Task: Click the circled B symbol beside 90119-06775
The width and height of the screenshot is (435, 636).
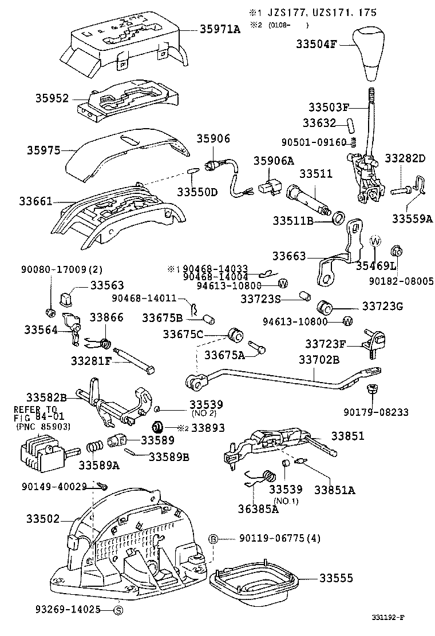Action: [213, 538]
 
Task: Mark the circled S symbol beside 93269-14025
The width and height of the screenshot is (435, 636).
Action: [119, 610]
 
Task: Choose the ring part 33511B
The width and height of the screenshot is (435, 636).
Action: [339, 218]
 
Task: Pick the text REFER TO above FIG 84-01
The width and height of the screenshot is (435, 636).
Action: [35, 410]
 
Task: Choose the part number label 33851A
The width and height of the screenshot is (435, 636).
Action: [334, 490]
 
